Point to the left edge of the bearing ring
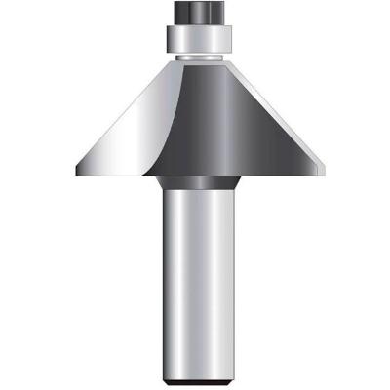[169, 39]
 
